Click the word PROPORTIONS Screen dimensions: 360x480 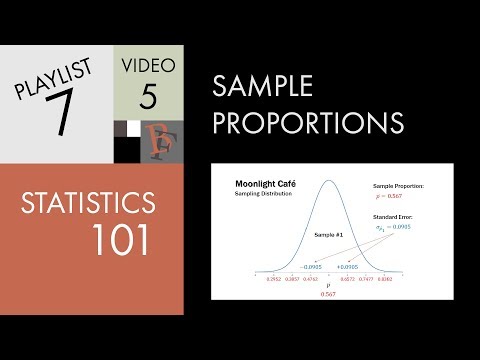[308, 123]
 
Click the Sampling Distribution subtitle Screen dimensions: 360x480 [263, 194]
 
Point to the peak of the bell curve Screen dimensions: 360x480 [329, 183]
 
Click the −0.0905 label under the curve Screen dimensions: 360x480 [311, 266]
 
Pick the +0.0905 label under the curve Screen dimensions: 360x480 [347, 266]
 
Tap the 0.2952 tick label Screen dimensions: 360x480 [273, 280]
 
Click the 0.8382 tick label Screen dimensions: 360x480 [385, 280]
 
